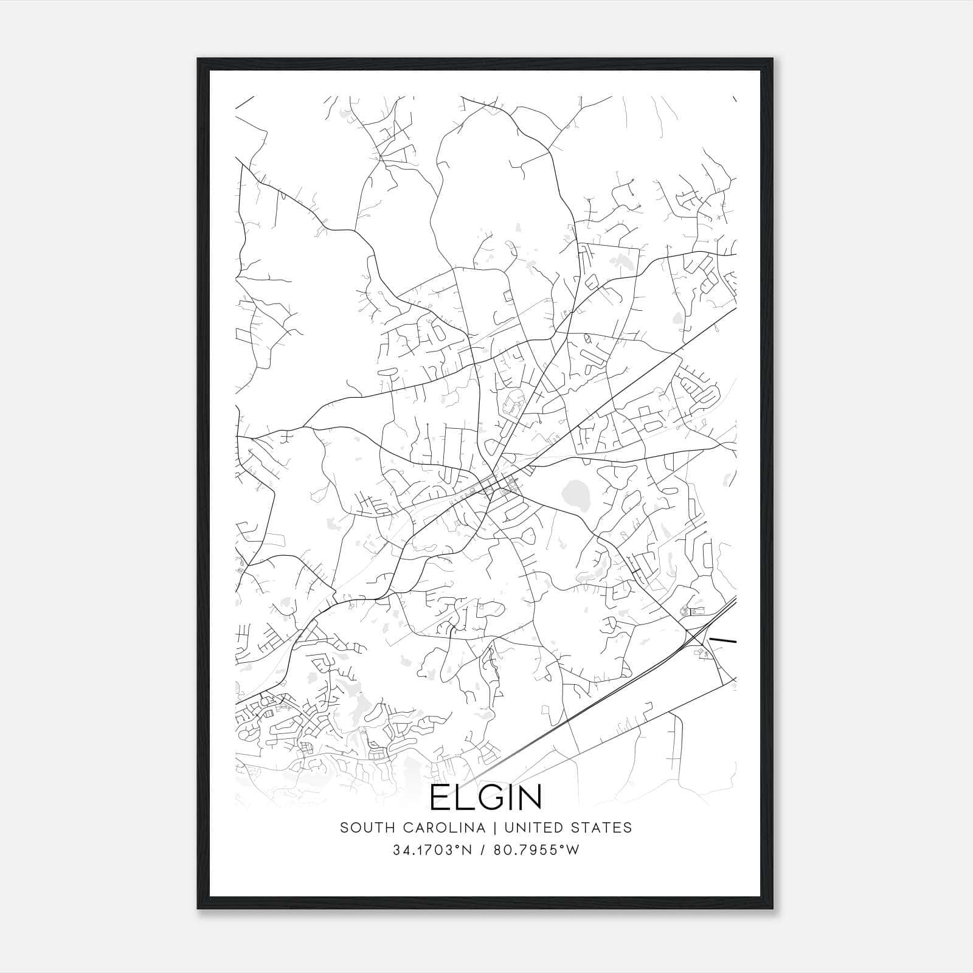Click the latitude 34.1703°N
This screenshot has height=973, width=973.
pos(432,850)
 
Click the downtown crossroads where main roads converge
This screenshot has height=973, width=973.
pos(494,480)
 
